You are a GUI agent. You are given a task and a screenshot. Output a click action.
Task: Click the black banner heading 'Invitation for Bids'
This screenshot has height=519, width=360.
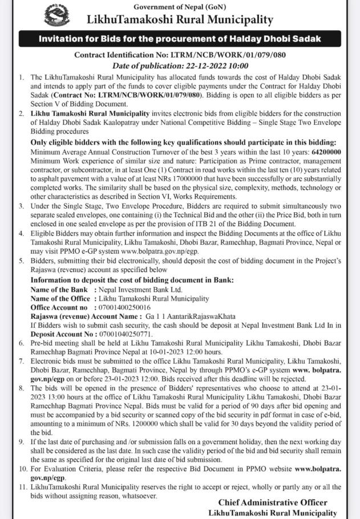pyautogui.click(x=180, y=39)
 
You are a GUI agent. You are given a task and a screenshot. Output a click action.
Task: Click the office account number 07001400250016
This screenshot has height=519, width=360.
pyautogui.click(x=128, y=306)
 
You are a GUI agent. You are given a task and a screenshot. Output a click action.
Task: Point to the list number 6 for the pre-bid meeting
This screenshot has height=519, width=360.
pyautogui.click(x=22, y=343)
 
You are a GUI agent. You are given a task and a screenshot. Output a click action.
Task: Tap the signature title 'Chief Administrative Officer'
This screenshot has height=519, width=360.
pyautogui.click(x=273, y=502)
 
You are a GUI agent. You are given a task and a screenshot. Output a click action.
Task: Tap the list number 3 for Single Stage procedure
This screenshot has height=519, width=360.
pyautogui.click(x=22, y=205)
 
